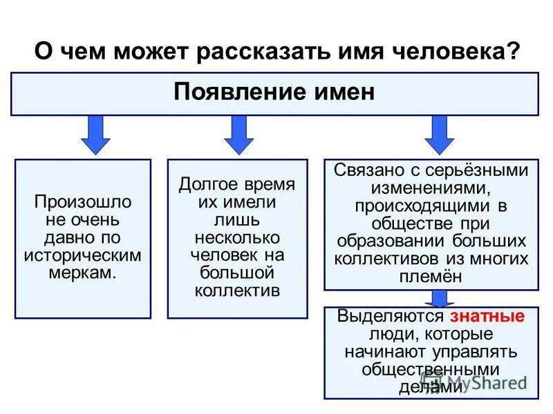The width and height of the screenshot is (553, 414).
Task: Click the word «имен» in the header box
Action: (344, 92)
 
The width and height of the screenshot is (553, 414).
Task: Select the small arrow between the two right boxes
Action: (438, 299)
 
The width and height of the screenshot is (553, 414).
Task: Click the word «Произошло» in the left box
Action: (83, 204)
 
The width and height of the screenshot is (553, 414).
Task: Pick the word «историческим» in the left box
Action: (83, 255)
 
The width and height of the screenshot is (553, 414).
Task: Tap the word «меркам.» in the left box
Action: (83, 272)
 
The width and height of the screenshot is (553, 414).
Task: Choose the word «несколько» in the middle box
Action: (237, 238)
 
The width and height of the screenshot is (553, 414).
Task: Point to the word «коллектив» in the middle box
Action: (237, 290)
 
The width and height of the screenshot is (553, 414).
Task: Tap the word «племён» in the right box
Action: (431, 275)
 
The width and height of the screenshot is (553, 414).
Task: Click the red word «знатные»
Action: (487, 317)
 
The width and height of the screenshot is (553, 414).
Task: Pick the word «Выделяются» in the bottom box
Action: (390, 317)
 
